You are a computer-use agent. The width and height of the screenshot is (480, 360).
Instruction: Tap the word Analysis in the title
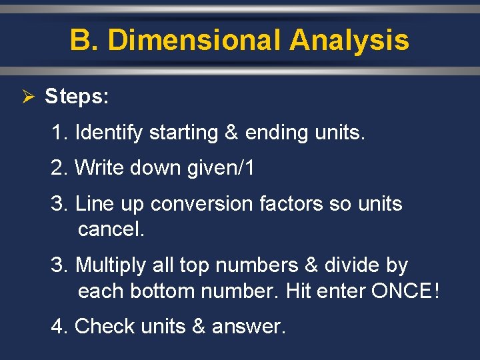[349, 41]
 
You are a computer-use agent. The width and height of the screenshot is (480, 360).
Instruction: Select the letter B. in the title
[85, 41]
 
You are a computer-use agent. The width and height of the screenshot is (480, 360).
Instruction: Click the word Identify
[109, 133]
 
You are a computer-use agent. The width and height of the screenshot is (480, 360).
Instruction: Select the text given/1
[220, 168]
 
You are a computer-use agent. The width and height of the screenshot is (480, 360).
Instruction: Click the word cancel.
[111, 229]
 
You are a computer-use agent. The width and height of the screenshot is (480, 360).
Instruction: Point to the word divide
[353, 265]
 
